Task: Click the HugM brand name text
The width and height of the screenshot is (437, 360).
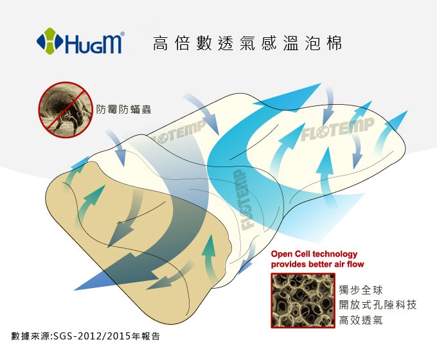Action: (x=93, y=43)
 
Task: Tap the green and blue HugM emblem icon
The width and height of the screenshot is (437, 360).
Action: (x=49, y=41)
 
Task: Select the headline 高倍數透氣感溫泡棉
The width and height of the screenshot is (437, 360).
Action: (x=247, y=43)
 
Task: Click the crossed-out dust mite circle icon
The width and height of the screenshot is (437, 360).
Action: (x=65, y=109)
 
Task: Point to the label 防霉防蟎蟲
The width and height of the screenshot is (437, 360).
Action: (x=123, y=109)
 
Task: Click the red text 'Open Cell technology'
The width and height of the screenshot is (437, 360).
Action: (x=314, y=254)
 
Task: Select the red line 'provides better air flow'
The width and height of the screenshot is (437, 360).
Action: (x=317, y=264)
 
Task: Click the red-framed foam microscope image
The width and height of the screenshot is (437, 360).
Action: (x=303, y=300)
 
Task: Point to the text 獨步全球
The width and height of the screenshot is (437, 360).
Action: (x=361, y=290)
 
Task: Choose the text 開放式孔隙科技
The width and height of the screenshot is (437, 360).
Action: (x=378, y=305)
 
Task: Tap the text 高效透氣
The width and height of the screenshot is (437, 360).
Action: (x=361, y=320)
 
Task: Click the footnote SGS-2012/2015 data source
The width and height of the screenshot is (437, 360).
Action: (x=85, y=336)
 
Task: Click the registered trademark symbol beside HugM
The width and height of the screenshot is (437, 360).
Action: (x=122, y=34)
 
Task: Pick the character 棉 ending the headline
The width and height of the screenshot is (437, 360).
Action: (x=334, y=43)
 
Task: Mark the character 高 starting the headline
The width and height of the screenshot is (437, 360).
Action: (x=161, y=43)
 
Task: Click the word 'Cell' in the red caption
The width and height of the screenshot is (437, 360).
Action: (x=302, y=254)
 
